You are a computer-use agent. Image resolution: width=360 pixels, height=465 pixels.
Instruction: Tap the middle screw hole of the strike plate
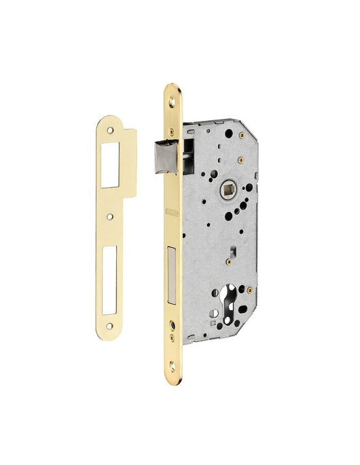click(109, 217)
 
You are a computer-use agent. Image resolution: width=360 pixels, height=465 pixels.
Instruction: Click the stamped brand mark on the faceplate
click(171, 216)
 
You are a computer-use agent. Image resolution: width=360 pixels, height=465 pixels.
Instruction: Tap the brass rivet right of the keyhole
click(249, 291)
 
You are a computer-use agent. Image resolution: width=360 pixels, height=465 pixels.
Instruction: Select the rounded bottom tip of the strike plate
click(109, 335)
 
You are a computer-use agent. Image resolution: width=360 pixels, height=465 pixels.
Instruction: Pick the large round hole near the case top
click(228, 134)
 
